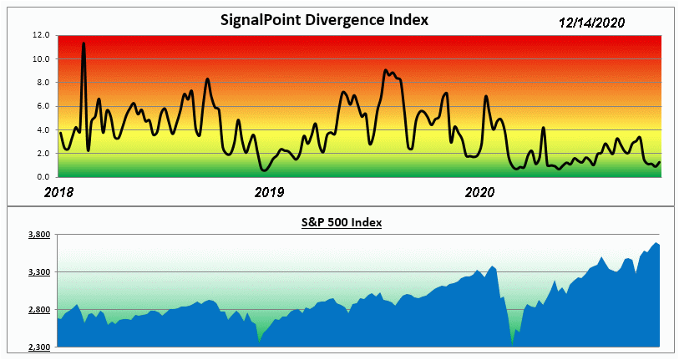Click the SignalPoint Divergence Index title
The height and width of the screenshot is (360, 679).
click(x=324, y=19)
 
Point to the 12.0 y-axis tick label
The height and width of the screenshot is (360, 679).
click(x=42, y=35)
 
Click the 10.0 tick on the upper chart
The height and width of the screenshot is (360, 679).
click(x=42, y=58)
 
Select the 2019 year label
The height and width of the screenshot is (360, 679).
click(x=269, y=192)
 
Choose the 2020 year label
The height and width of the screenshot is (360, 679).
click(x=479, y=192)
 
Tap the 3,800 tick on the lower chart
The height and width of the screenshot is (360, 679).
click(x=38, y=235)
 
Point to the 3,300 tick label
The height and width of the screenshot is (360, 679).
click(x=38, y=272)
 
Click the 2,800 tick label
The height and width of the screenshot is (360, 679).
click(x=38, y=310)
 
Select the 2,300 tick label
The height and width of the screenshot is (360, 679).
click(x=38, y=347)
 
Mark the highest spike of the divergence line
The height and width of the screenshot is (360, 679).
click(x=84, y=43)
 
